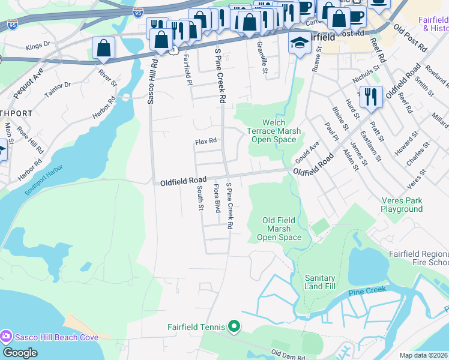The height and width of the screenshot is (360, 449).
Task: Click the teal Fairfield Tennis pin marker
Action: (234, 327)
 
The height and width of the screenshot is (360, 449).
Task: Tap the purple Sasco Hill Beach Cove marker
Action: (7, 337)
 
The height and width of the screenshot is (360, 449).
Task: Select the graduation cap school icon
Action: (300, 43)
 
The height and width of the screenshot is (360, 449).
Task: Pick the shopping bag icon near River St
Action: (104, 49)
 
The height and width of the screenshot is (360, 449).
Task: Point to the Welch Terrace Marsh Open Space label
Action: (271, 131)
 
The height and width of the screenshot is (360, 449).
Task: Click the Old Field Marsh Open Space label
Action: (279, 229)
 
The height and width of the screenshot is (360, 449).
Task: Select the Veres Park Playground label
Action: (401, 205)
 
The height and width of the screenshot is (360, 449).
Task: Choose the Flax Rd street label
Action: (205, 142)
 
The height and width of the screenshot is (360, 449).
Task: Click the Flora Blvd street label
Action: (216, 198)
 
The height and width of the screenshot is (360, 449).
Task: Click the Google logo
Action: (20, 352)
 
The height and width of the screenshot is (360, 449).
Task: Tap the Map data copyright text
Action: (424, 355)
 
